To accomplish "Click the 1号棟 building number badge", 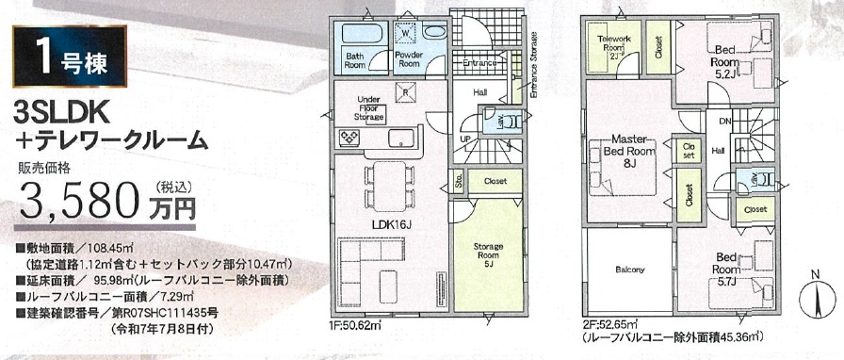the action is coord(70,56).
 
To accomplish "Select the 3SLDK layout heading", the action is coord(62,115).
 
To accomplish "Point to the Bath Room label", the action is coord(355,59).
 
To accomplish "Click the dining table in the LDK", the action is coord(390,187).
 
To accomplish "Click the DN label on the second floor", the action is coord(724,122).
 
